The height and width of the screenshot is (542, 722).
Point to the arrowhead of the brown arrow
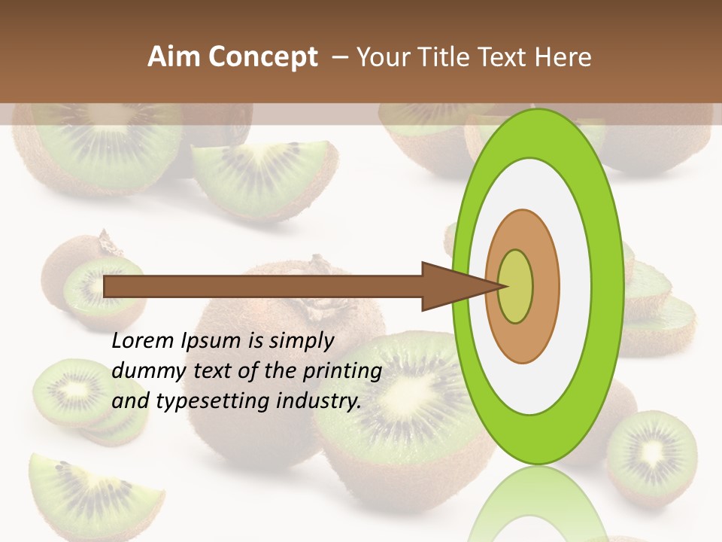coord(459,286)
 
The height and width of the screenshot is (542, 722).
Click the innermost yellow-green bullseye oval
coord(516,286)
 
